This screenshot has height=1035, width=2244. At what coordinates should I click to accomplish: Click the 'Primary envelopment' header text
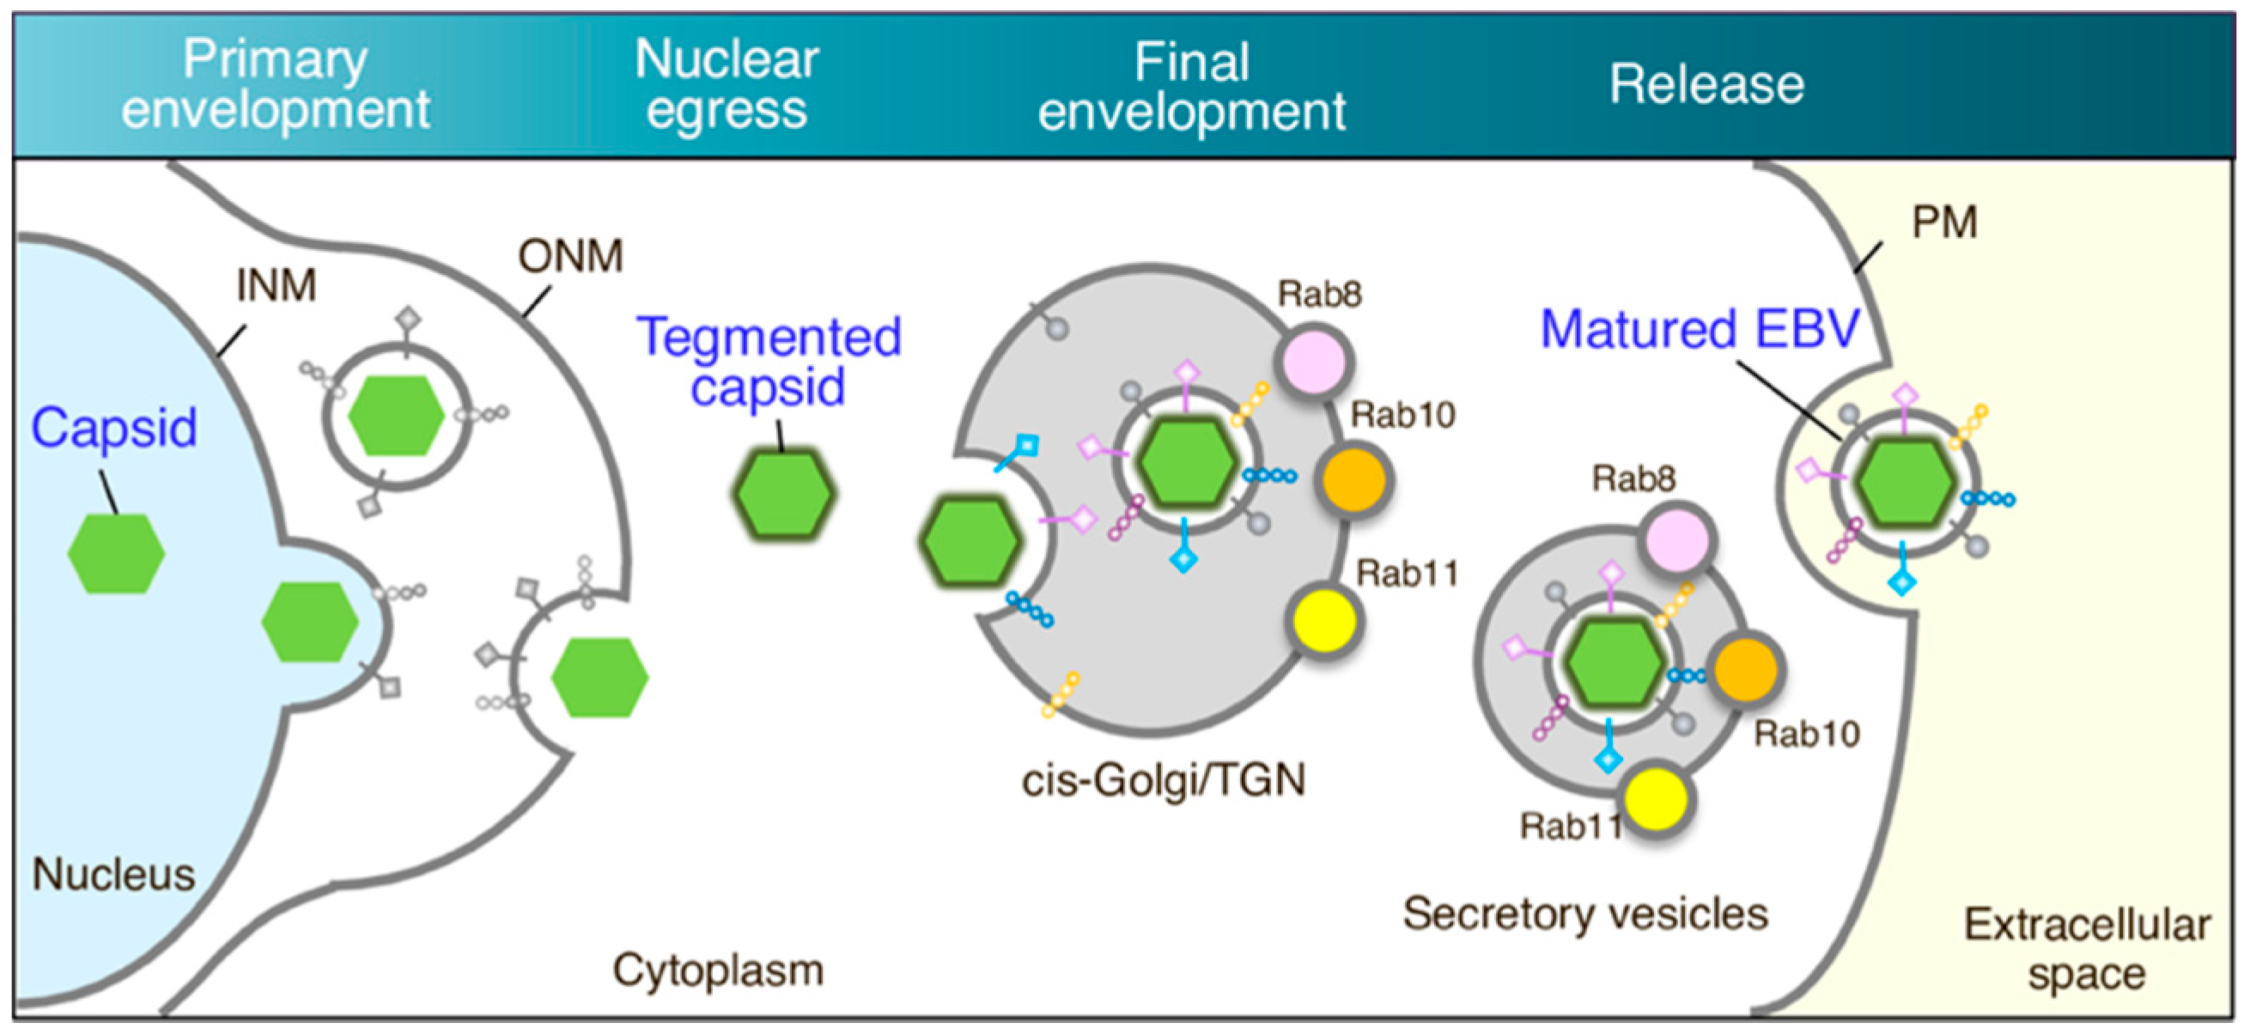[276, 84]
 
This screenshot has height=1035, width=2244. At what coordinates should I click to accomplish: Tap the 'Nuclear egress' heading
[727, 84]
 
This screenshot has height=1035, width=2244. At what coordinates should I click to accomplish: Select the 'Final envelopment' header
[1192, 86]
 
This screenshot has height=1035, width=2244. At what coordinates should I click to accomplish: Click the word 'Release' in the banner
[1706, 84]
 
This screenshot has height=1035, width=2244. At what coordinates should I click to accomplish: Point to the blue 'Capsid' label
[114, 429]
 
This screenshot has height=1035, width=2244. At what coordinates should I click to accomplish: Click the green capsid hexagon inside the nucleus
[116, 554]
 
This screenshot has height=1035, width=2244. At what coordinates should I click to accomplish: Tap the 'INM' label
[277, 285]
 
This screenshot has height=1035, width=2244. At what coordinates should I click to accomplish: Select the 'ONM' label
[570, 256]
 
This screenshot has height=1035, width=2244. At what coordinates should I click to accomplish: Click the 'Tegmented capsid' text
[769, 362]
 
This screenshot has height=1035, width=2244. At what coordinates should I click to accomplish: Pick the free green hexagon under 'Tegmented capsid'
[784, 493]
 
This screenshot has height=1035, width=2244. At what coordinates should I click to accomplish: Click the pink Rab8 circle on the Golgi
[1315, 360]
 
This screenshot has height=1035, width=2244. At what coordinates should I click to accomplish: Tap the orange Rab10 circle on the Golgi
[1353, 480]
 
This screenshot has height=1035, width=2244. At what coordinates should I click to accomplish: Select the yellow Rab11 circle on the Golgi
[1323, 620]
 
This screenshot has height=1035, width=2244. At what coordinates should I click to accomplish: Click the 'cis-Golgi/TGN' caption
[1164, 781]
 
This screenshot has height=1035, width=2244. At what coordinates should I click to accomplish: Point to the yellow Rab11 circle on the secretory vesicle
[1656, 799]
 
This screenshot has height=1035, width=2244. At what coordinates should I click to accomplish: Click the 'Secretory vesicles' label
[1585, 915]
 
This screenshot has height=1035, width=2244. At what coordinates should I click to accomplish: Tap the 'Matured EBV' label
[1700, 329]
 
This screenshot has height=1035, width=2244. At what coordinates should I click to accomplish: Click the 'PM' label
[1944, 222]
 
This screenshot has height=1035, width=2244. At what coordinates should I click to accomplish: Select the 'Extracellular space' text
[2087, 950]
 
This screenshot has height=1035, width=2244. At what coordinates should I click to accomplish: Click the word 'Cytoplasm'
[719, 971]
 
